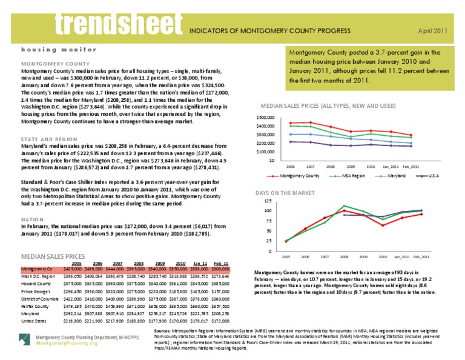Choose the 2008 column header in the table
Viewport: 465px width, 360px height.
[x=139, y=263]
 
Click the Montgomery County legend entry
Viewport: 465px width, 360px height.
[x=297, y=176]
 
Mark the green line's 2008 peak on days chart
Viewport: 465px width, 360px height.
[x=344, y=206]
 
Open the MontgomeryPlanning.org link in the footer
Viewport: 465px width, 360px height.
[x=66, y=343]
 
